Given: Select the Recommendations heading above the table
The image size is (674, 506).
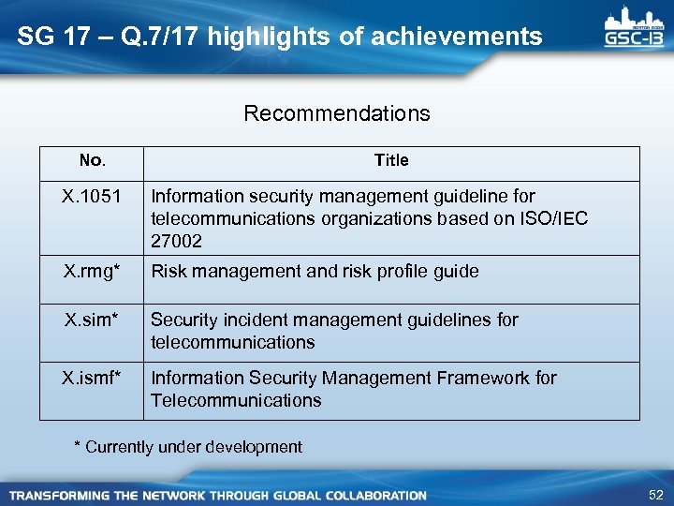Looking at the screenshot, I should pos(337,114).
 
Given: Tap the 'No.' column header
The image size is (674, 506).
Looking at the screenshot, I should pos(92,161).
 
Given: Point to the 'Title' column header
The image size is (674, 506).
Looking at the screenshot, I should pos(391,161).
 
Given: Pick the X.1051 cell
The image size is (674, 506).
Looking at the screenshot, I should pos(92,197).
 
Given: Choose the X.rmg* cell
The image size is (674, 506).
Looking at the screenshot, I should pos(92,272).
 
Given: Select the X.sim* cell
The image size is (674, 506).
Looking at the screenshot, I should pos(92,320).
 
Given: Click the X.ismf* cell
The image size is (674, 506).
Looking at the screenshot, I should pos(92,379).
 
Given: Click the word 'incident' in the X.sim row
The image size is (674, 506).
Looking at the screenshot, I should pos(246,320).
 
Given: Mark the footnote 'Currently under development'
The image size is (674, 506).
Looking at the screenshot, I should pos(194,447).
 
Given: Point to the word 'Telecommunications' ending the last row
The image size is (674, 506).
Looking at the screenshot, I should pos(236,401).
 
